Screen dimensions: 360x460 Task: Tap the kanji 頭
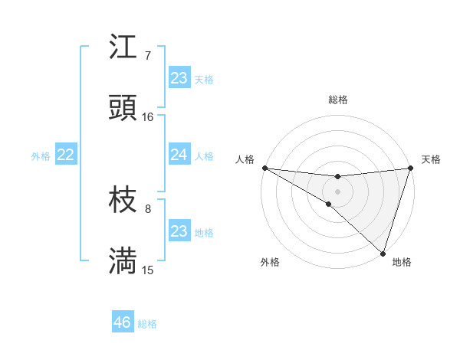click(123, 108)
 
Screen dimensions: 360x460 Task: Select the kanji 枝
click(123, 201)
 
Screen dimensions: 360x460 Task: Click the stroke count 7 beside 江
click(147, 55)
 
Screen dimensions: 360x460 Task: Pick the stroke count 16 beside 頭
click(147, 117)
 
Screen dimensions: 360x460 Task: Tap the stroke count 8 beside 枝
click(147, 208)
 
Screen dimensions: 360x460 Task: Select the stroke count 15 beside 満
click(147, 270)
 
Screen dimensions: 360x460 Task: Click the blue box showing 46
click(123, 322)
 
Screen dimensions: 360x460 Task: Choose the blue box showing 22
click(66, 155)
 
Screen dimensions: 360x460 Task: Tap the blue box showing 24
click(179, 155)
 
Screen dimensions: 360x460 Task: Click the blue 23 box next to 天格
click(179, 78)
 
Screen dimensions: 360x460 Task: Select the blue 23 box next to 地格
click(179, 231)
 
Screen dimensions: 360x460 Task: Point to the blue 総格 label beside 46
click(147, 324)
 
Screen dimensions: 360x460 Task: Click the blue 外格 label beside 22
click(41, 156)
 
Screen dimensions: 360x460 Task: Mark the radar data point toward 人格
click(264, 167)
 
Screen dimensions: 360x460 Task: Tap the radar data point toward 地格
click(383, 254)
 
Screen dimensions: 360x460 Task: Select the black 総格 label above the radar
click(337, 100)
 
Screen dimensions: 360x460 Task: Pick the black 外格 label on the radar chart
click(270, 263)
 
